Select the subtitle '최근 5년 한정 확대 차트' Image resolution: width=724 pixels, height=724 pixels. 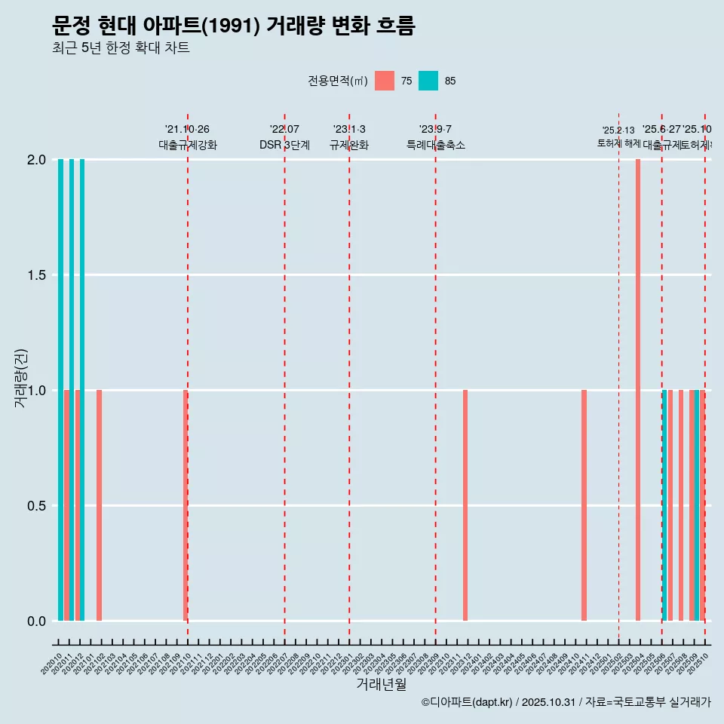tap(121, 48)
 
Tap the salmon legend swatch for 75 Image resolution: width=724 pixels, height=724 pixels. tap(384, 81)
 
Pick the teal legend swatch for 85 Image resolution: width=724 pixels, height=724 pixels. tap(428, 81)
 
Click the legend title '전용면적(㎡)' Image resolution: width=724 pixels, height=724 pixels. tap(337, 81)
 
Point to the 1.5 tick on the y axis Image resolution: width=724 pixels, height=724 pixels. tap(35, 275)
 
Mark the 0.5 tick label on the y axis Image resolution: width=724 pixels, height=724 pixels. tap(35, 506)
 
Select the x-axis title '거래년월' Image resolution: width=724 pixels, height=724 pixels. tap(381, 685)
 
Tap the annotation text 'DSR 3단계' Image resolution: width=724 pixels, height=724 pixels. tap(284, 146)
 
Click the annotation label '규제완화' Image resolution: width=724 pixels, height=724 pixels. tap(349, 146)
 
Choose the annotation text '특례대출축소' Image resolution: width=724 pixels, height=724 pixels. tap(436, 146)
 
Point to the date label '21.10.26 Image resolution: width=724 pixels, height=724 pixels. tap(187, 130)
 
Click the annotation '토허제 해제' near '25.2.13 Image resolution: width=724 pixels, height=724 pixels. tap(618, 143)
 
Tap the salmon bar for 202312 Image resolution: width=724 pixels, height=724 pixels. tap(465, 505)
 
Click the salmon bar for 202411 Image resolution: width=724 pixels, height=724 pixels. tap(584, 505)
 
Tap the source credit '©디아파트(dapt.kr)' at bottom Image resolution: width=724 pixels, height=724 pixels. tap(467, 702)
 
